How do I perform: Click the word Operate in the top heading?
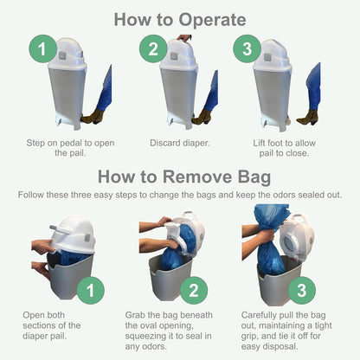(212, 20)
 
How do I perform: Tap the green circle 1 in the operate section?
(42, 48)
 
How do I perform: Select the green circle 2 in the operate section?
(153, 48)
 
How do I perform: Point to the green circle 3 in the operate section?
(247, 48)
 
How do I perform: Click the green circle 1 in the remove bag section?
(90, 290)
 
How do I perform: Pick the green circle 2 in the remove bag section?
(194, 290)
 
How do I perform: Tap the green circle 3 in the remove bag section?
(302, 290)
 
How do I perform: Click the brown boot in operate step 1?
(93, 117)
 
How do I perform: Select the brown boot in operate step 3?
(307, 117)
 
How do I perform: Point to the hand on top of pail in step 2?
(184, 38)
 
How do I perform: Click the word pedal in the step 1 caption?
(78, 143)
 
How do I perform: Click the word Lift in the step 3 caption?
(260, 143)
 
